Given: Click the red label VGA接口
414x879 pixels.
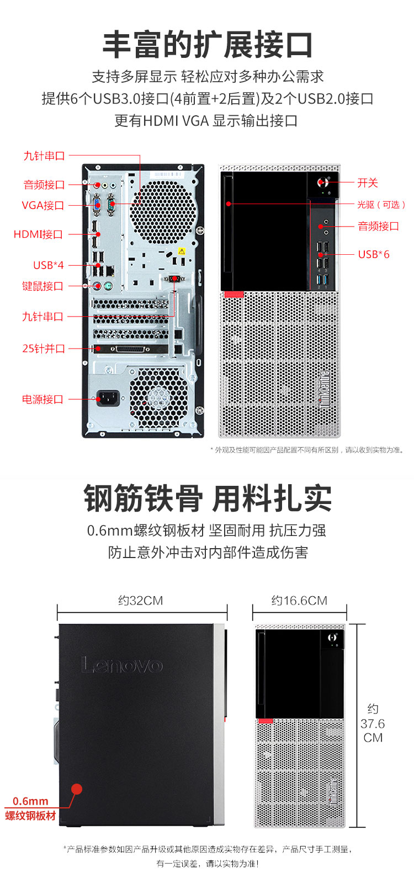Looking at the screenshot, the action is [x=43, y=205].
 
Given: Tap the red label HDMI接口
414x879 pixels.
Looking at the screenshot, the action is [x=38, y=234].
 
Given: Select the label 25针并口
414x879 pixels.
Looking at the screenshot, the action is [x=44, y=349].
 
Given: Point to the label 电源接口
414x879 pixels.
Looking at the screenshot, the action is [x=43, y=399].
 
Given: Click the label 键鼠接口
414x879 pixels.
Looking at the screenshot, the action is [x=43, y=286].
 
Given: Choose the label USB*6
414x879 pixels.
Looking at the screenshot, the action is [x=374, y=254].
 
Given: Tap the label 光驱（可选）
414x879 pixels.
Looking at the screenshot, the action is [x=381, y=205].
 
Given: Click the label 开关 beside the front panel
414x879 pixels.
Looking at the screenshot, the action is [x=367, y=183].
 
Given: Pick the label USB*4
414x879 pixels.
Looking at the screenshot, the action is [x=49, y=265].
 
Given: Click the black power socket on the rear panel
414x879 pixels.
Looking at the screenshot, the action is [x=108, y=398].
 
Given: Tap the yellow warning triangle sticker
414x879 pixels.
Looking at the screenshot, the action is [x=182, y=251].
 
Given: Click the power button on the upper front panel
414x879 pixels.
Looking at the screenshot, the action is [x=323, y=182].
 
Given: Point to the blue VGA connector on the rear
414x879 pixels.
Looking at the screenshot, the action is [x=97, y=205].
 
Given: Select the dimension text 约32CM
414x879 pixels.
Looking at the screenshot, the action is [x=141, y=601].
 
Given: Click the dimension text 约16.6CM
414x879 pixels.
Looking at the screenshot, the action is [x=299, y=601].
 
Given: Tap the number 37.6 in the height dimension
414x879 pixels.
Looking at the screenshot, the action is [x=373, y=723].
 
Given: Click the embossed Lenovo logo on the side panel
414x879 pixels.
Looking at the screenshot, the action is [x=122, y=665].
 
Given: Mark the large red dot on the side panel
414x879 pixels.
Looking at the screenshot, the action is [x=77, y=789].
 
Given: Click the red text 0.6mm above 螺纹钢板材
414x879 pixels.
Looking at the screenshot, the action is [x=30, y=801].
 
